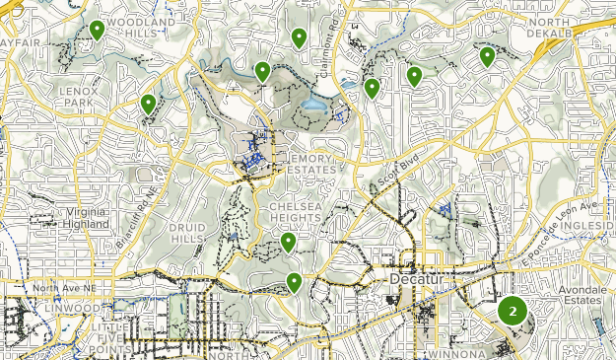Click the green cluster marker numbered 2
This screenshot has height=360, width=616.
point(513,311)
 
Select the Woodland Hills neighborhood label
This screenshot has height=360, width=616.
point(143,27)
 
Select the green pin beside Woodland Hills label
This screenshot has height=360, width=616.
point(97,31)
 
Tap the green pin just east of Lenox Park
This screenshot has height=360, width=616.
point(148,104)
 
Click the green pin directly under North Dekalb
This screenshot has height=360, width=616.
point(487,56)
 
